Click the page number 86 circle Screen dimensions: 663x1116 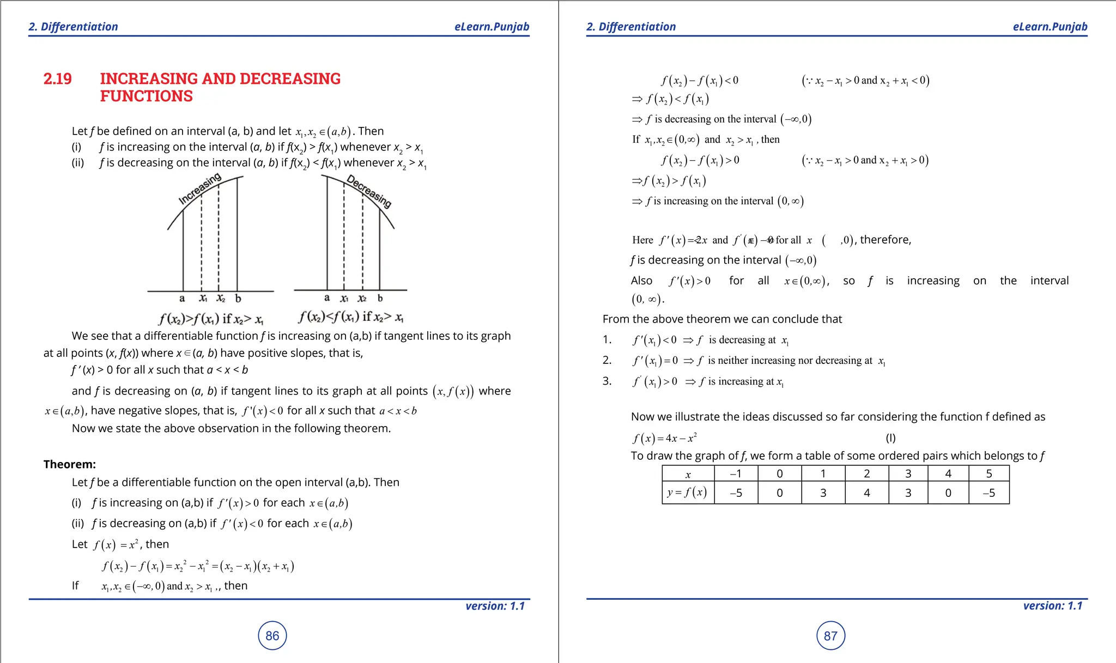point(272,636)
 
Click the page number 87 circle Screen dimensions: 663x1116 point(830,636)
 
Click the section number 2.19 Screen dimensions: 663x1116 point(58,79)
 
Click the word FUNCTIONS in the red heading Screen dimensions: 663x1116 point(146,96)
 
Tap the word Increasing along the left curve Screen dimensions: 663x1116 point(200,188)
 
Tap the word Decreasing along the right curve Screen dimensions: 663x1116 point(369,191)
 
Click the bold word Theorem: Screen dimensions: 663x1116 point(70,464)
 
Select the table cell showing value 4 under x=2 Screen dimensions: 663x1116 point(866,493)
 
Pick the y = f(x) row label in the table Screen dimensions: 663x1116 point(687,492)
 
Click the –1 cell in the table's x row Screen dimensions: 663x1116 point(736,474)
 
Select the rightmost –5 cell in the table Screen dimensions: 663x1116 point(988,493)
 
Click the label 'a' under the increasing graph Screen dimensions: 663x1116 point(182,299)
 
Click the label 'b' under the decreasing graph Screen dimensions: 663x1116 point(380,298)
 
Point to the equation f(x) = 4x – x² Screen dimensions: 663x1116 point(664,438)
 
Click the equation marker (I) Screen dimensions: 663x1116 point(890,438)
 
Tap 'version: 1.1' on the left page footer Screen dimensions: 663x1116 point(495,606)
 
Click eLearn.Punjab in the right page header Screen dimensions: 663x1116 point(1050,27)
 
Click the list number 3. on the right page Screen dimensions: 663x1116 point(607,381)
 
